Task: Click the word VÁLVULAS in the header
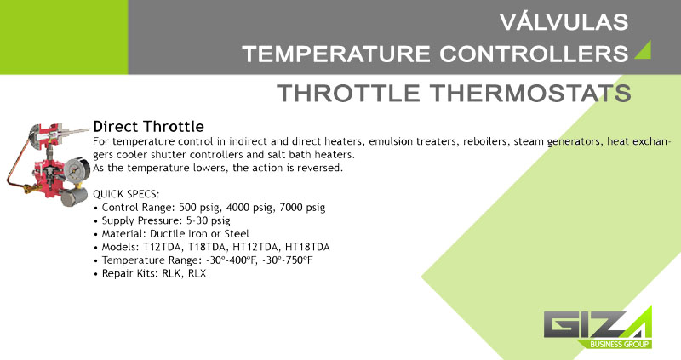[x=564, y=22]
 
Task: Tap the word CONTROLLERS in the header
[x=534, y=54]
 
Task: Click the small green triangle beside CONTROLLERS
[x=644, y=50]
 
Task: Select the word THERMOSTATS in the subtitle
[x=530, y=93]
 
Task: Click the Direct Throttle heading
[x=148, y=126]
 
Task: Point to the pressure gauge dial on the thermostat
[x=77, y=171]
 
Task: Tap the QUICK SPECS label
[x=126, y=194]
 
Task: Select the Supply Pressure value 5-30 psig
[x=208, y=220]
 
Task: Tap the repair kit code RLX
[x=197, y=273]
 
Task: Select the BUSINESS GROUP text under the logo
[x=620, y=344]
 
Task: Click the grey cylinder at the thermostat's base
[x=73, y=197]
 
